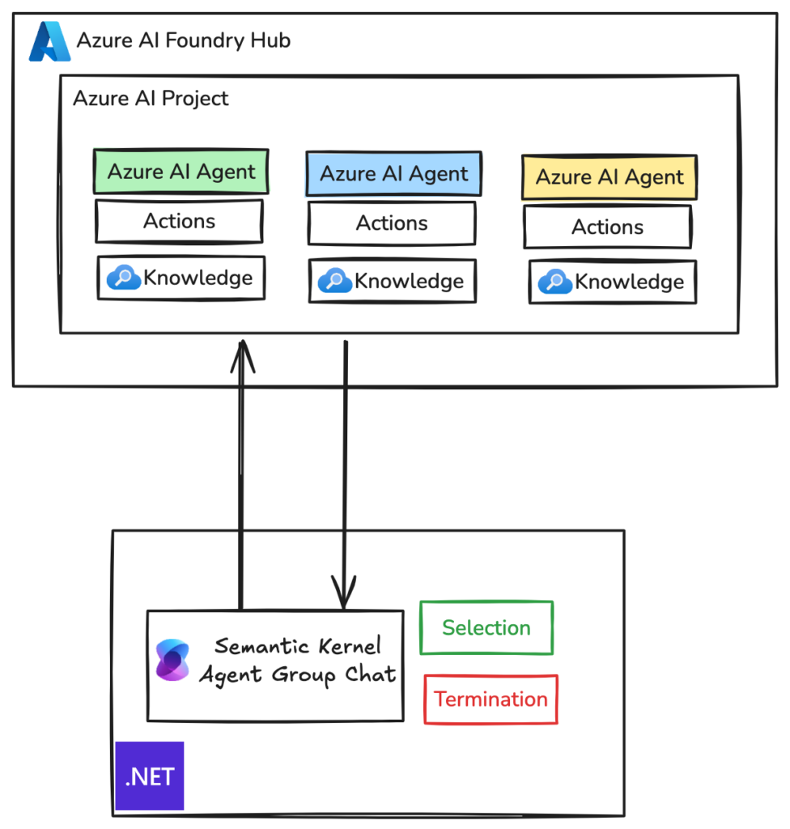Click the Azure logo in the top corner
(49, 41)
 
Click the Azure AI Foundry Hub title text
(183, 40)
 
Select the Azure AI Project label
(151, 99)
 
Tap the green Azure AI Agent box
(181, 172)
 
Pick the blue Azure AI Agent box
(393, 173)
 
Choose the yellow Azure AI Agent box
(609, 177)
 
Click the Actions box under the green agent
(179, 221)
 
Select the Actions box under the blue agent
(392, 223)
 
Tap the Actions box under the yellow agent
(607, 227)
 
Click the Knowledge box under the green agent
(181, 278)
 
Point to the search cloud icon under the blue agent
(334, 281)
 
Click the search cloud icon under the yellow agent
(555, 281)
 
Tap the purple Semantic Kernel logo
(172, 660)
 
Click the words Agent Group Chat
(297, 674)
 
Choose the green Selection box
(486, 627)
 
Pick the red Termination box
(491, 699)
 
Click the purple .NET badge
(150, 776)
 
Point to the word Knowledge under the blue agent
(409, 281)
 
